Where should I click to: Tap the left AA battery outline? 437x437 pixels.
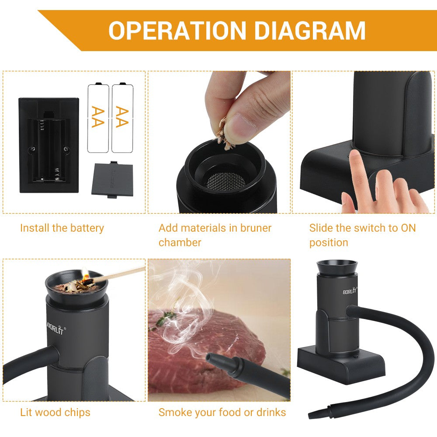(98, 118)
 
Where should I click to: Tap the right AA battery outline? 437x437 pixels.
(122, 118)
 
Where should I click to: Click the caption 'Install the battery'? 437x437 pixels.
(62, 228)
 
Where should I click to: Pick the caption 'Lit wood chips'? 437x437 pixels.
(55, 412)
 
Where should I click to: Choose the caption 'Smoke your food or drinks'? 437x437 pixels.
(222, 412)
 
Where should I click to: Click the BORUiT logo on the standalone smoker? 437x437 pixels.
(350, 291)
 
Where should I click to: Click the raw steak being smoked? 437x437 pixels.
(192, 345)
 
